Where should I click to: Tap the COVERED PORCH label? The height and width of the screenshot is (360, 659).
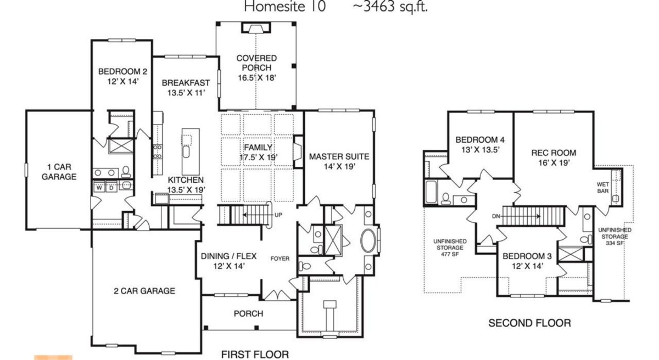tap(256, 63)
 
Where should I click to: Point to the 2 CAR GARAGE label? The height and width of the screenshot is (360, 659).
tap(145, 291)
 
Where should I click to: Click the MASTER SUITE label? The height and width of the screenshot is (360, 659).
tap(339, 157)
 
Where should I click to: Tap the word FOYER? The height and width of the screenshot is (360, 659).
tap(280, 258)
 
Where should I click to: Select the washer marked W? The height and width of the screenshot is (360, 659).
tap(100, 187)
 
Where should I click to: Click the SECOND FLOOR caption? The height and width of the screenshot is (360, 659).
tap(529, 323)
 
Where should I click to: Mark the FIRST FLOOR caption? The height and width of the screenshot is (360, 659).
tap(255, 354)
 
